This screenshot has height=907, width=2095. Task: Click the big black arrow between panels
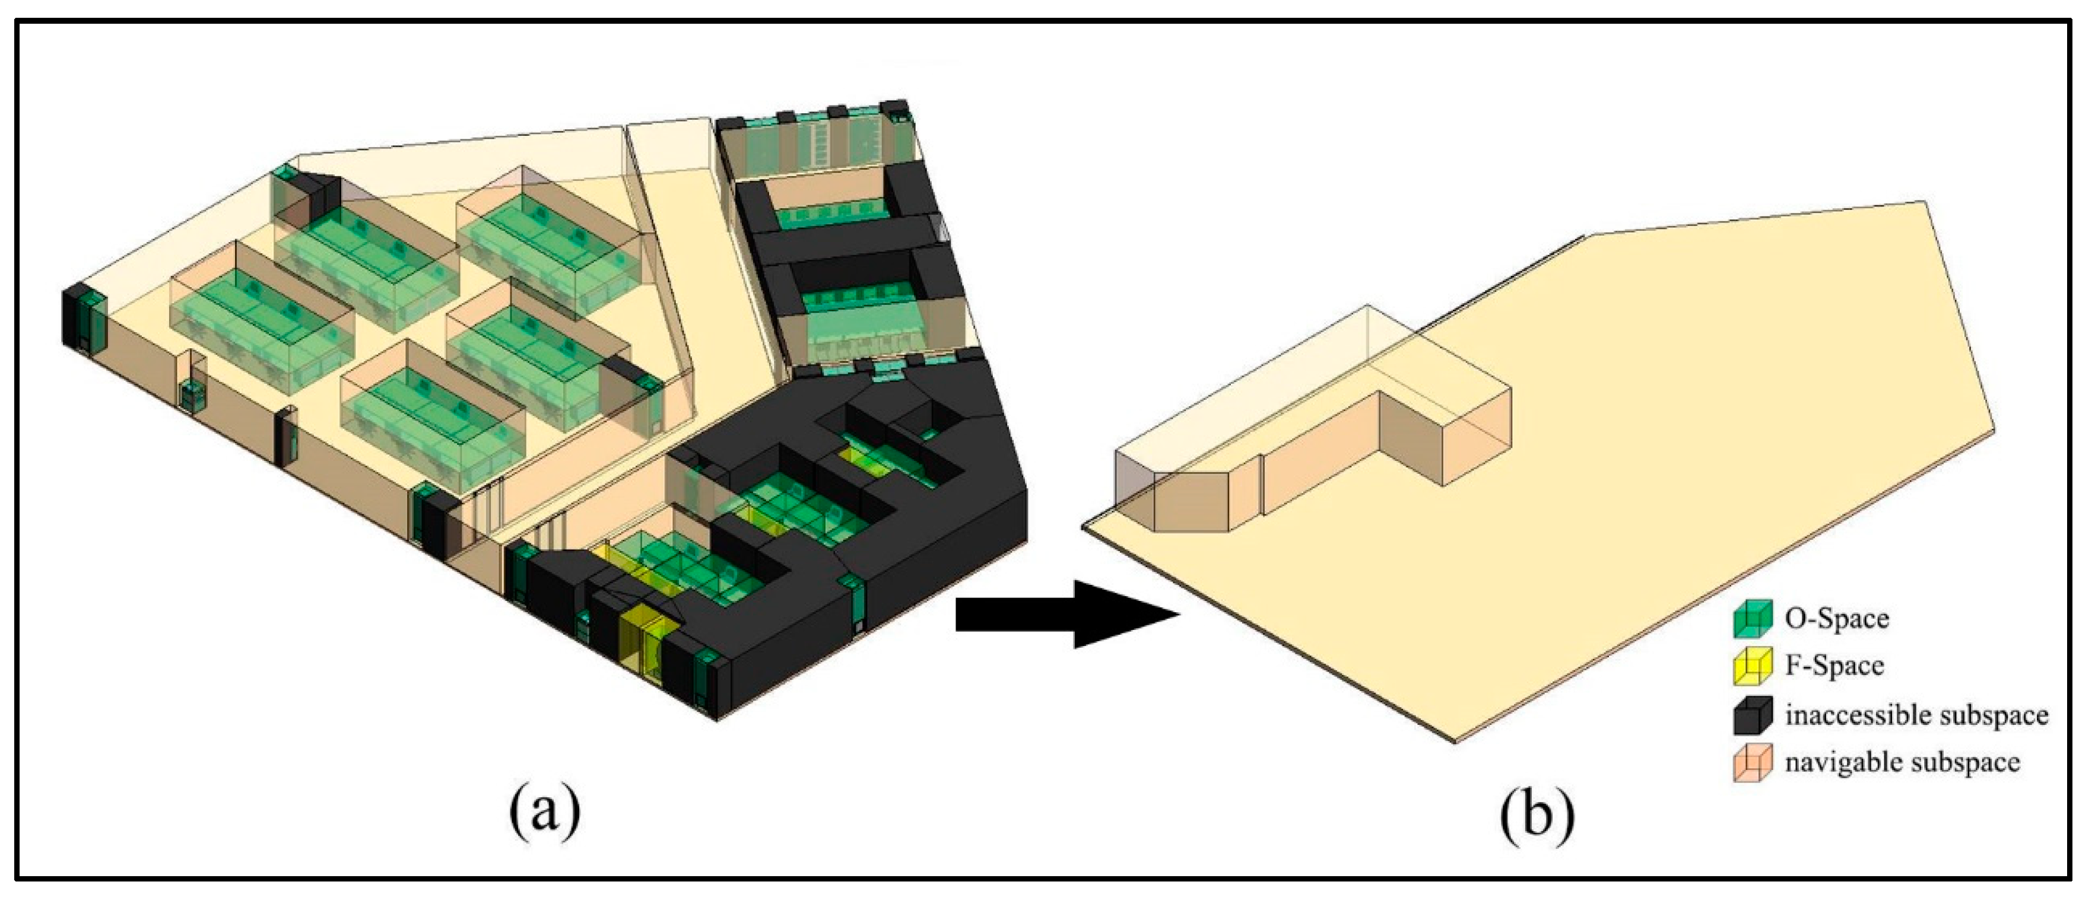tap(1067, 615)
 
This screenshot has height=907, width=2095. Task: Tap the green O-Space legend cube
tap(1753, 619)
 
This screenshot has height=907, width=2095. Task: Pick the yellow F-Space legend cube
tap(1753, 666)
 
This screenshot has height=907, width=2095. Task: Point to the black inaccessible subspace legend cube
tap(1753, 715)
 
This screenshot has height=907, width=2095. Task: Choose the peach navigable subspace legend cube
tap(1753, 763)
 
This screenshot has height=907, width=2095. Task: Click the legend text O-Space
tap(1836, 619)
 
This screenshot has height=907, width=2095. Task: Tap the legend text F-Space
tap(1834, 666)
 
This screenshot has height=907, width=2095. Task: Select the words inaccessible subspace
tap(1917, 716)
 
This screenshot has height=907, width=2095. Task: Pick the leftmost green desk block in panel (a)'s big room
tap(261, 313)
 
